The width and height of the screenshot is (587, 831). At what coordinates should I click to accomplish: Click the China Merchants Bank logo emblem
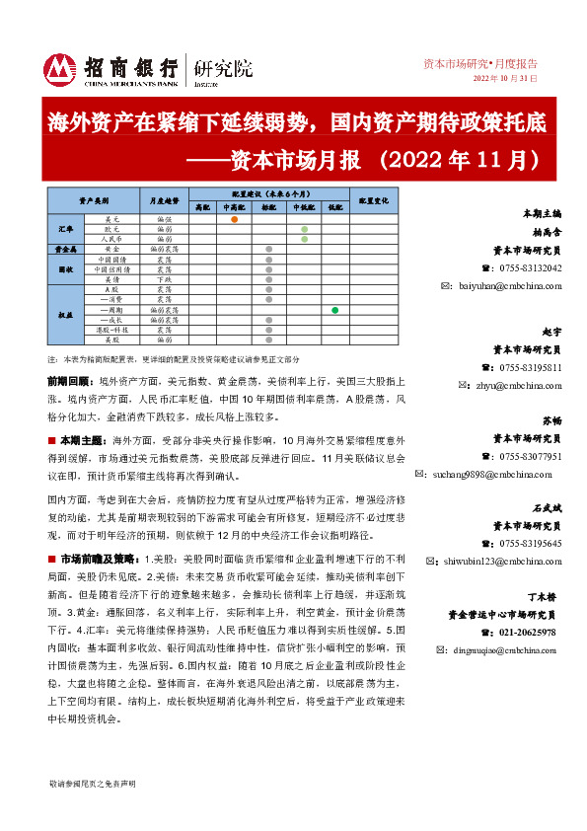61,67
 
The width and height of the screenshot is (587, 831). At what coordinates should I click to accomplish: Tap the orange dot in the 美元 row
234,218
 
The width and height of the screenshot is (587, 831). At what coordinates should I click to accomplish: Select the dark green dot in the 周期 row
335,311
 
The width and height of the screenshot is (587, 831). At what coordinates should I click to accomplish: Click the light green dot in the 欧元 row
305,228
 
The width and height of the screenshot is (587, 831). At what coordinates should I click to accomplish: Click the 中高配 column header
234,207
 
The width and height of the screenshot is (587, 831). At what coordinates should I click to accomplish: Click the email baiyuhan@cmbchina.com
509,286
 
